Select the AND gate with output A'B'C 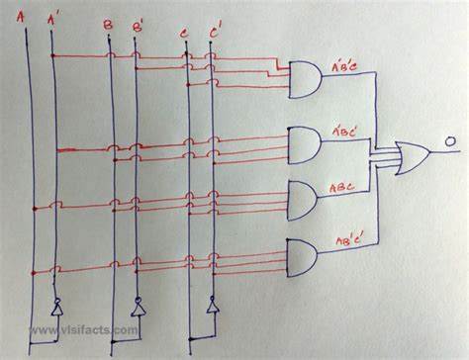(301, 78)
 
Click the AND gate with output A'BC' (303, 143)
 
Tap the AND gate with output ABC (303, 201)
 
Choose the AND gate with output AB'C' (302, 258)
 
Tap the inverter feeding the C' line (212, 307)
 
